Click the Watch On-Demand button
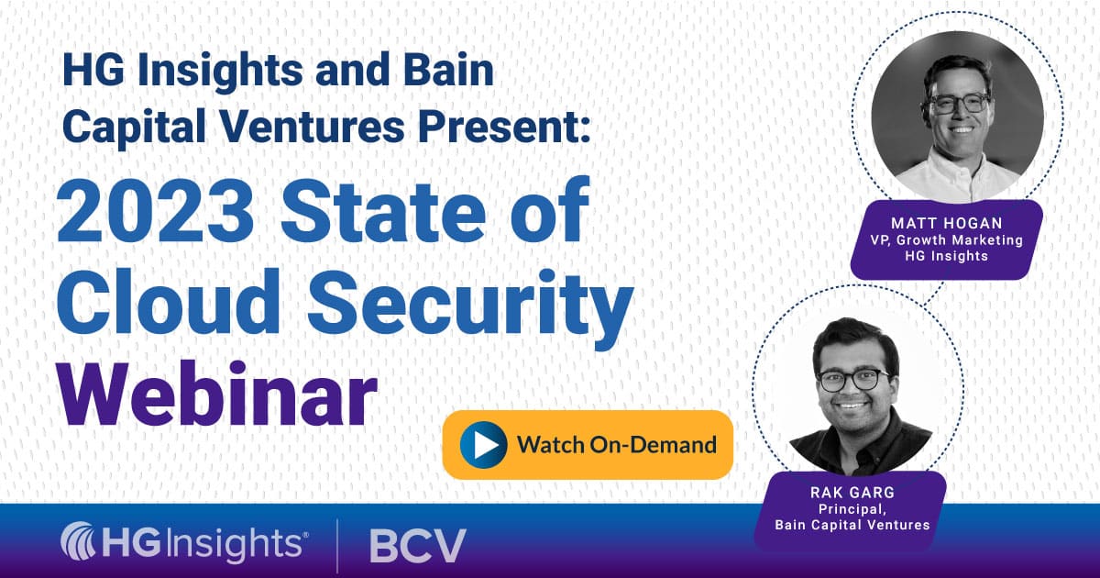[x=588, y=445]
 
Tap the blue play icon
[x=483, y=445]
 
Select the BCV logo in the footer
[x=417, y=545]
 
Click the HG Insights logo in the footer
[x=184, y=544]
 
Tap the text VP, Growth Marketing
[x=946, y=240]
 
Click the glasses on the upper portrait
[x=959, y=102]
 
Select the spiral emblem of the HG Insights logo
[x=80, y=543]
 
